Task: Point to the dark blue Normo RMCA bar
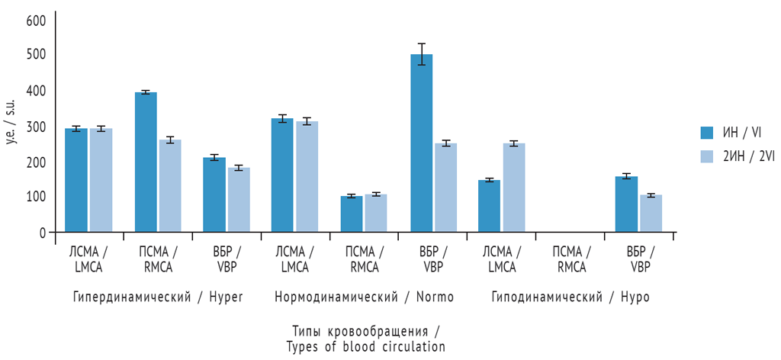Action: pos(352,214)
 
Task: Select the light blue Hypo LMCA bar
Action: pos(514,188)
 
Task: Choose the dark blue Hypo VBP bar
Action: pos(626,204)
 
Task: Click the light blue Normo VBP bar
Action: pos(446,188)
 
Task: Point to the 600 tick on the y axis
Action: pos(36,20)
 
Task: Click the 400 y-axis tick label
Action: pos(36,91)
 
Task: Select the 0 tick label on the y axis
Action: pos(41,233)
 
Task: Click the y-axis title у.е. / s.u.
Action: pos(11,126)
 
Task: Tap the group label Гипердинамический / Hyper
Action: pos(158,297)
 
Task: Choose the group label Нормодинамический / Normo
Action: pos(364,297)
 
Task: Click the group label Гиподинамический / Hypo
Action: pos(570,297)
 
